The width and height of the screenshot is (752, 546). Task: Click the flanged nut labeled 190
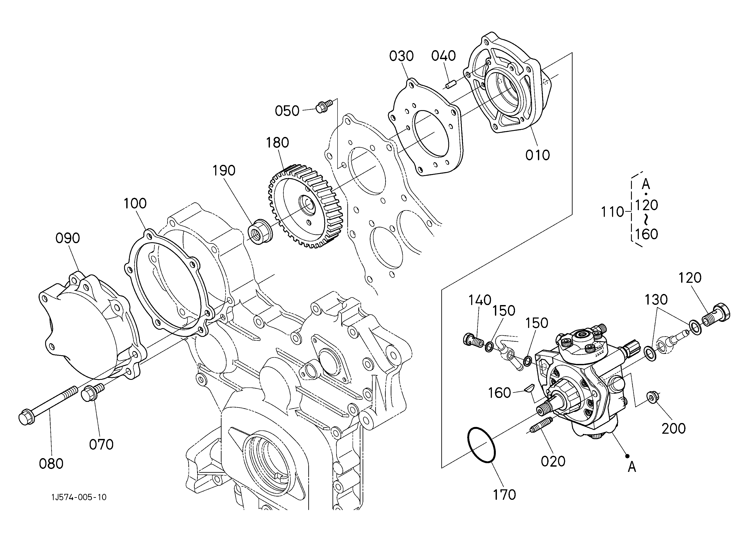pos(260,231)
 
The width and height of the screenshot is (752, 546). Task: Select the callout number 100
pos(135,203)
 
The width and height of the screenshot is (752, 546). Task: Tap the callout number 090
pos(68,238)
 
